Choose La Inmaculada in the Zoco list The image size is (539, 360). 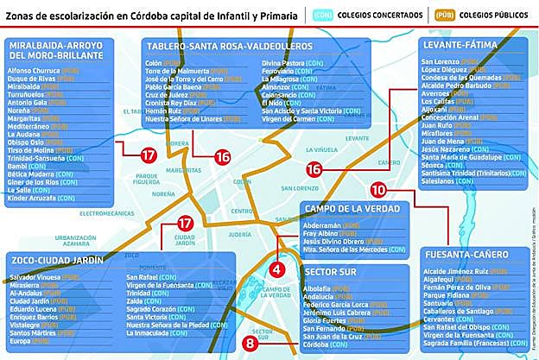(x=152, y=332)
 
